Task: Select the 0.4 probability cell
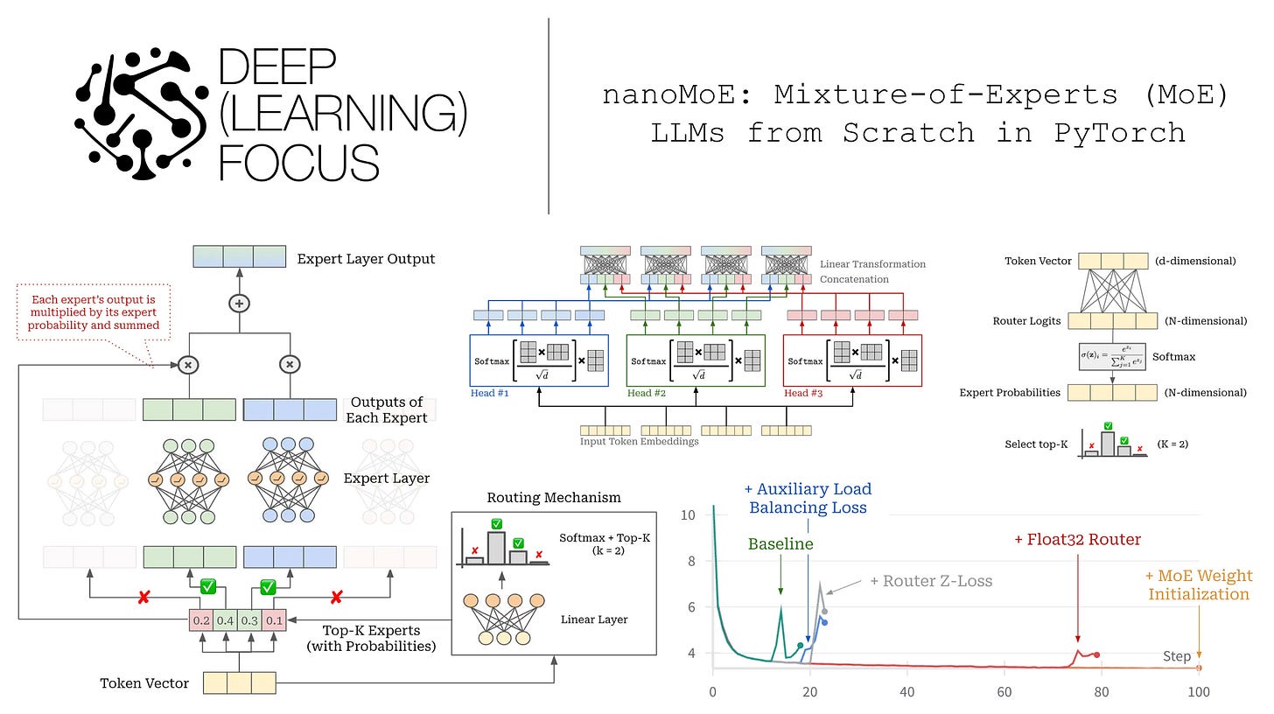click(225, 619)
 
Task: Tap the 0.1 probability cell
click(275, 619)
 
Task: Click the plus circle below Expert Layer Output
click(239, 304)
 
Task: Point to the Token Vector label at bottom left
click(144, 683)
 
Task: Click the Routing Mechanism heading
click(554, 497)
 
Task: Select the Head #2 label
click(647, 393)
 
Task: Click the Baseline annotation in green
click(780, 544)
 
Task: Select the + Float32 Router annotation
click(1077, 540)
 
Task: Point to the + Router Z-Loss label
click(931, 580)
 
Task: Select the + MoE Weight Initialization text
click(1199, 585)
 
